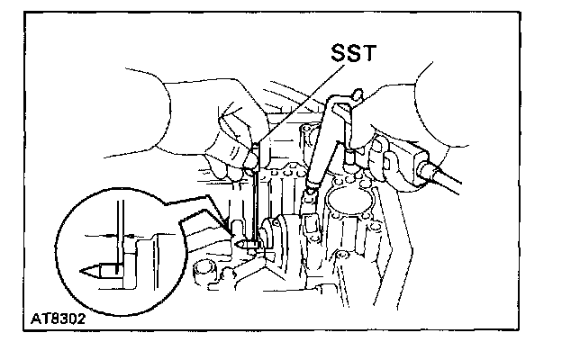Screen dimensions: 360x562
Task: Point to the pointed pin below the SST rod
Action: point(243,242)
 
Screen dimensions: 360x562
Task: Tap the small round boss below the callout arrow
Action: point(204,267)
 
